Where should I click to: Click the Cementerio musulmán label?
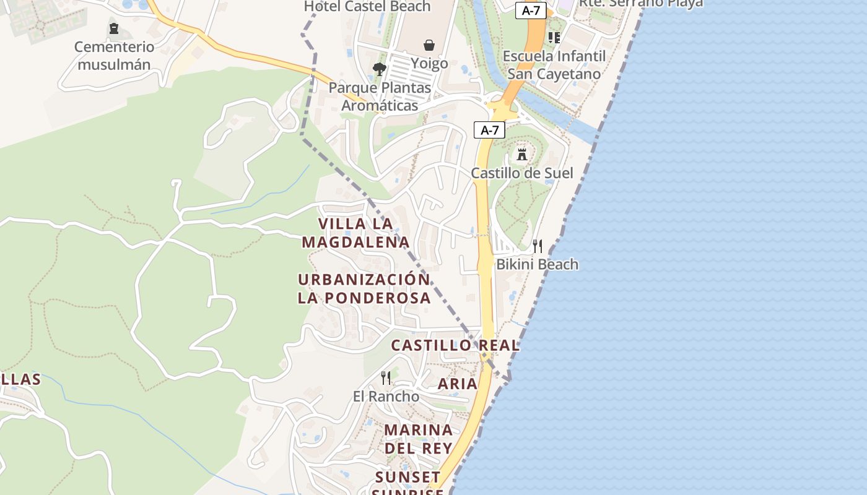click(114, 56)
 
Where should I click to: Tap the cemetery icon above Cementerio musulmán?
click(114, 28)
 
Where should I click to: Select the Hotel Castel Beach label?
click(367, 6)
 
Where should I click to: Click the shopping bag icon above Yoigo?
click(429, 45)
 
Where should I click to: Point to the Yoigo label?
click(429, 64)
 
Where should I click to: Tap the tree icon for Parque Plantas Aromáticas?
click(379, 69)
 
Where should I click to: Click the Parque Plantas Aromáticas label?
click(380, 97)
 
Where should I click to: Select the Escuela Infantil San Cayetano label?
click(554, 65)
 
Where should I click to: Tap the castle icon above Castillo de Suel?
click(522, 153)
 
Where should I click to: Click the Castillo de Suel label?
click(522, 173)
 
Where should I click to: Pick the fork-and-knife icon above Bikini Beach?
click(538, 246)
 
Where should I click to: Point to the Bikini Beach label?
click(538, 264)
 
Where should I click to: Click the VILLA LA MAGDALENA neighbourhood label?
click(356, 233)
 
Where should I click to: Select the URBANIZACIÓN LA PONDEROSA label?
click(364, 288)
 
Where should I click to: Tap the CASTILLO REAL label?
click(455, 345)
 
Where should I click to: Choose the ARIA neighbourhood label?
click(458, 384)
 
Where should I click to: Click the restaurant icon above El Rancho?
click(386, 377)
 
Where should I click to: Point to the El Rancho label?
click(386, 396)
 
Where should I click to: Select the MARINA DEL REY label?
click(419, 439)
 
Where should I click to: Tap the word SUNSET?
click(408, 477)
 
